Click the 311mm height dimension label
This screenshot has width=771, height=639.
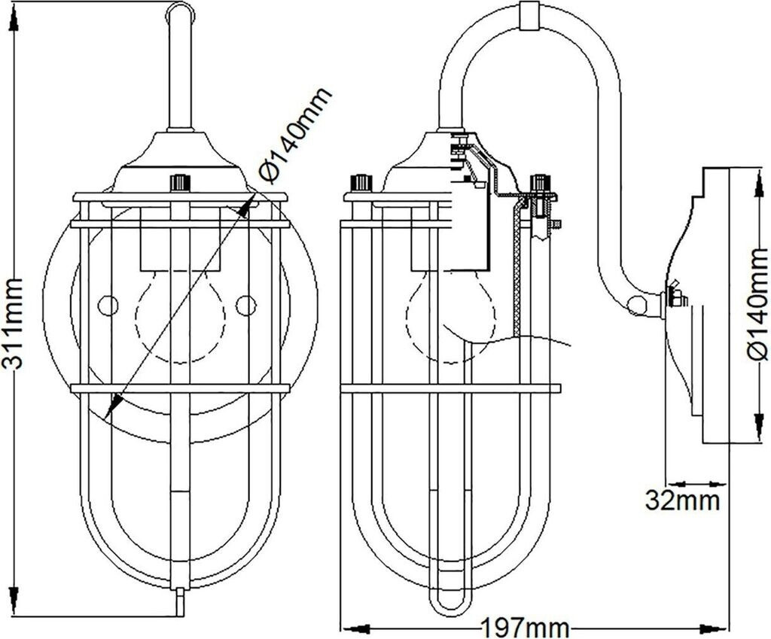(x=14, y=324)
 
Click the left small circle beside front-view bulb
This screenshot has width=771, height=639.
(x=109, y=306)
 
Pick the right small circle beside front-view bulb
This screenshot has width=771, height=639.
(x=245, y=306)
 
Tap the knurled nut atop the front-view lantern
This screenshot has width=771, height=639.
(x=179, y=183)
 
